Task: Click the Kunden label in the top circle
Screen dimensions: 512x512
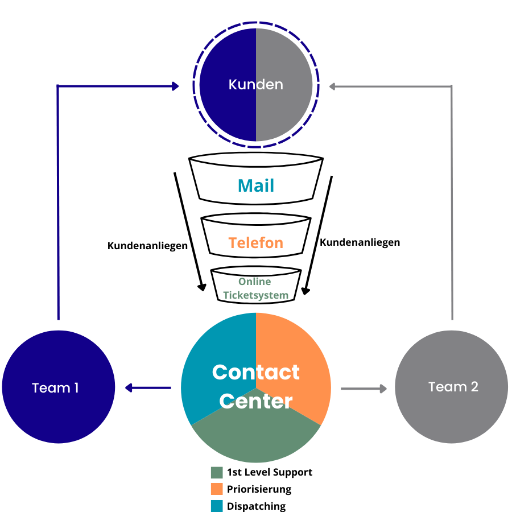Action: [255, 85]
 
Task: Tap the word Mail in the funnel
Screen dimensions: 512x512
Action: [256, 186]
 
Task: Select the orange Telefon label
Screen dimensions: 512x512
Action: [255, 242]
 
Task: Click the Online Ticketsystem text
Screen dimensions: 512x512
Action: [255, 288]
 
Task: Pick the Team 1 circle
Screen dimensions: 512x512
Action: [59, 387]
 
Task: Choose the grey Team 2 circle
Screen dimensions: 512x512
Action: [451, 387]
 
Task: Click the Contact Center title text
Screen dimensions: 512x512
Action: [255, 386]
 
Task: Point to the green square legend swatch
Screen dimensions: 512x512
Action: [217, 472]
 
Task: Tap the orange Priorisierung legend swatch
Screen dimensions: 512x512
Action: [217, 489]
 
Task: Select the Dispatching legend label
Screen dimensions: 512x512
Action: [257, 506]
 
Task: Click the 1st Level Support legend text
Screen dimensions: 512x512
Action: [270, 472]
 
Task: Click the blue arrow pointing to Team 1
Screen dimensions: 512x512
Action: [148, 388]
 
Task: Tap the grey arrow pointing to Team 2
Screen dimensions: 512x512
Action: [364, 389]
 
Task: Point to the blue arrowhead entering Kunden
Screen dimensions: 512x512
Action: [176, 86]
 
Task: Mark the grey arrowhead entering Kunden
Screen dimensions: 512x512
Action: [332, 86]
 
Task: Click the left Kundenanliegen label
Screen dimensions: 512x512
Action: [147, 246]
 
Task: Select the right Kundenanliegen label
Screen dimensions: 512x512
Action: [360, 242]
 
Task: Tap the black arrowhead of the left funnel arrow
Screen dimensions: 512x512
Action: [202, 287]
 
